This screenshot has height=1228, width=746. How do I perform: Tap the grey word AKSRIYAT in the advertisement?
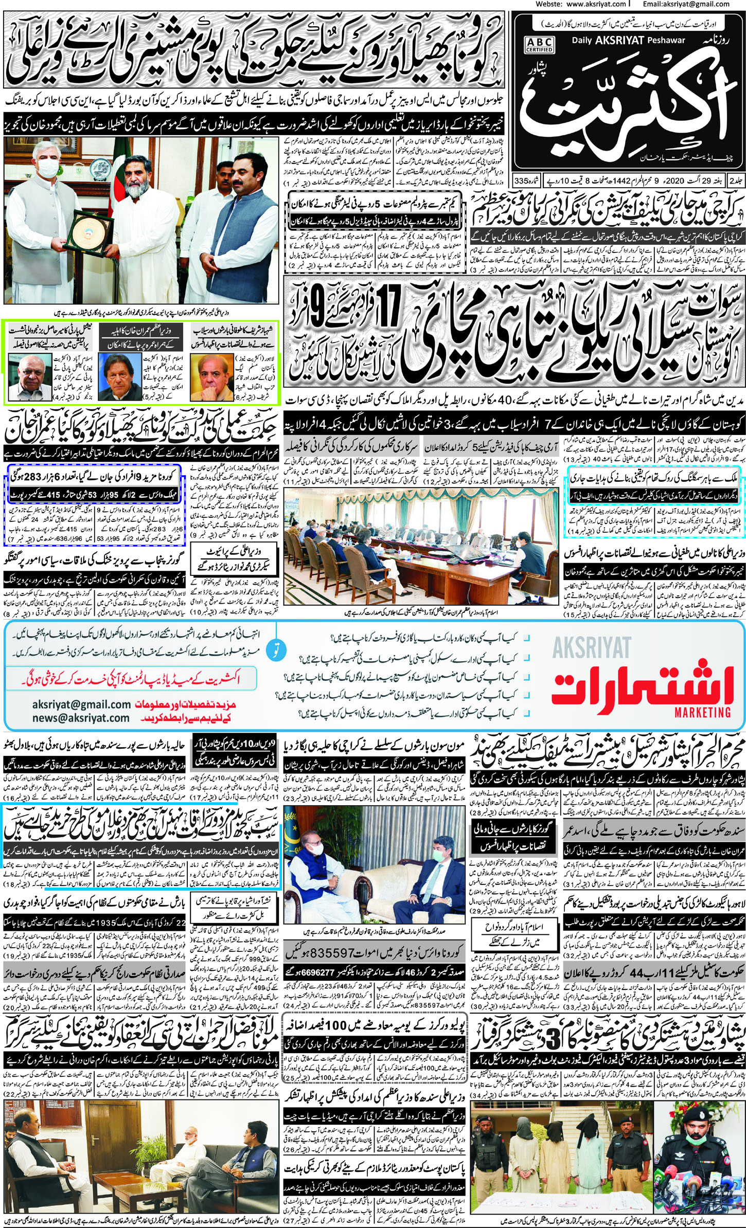pos(592,647)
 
